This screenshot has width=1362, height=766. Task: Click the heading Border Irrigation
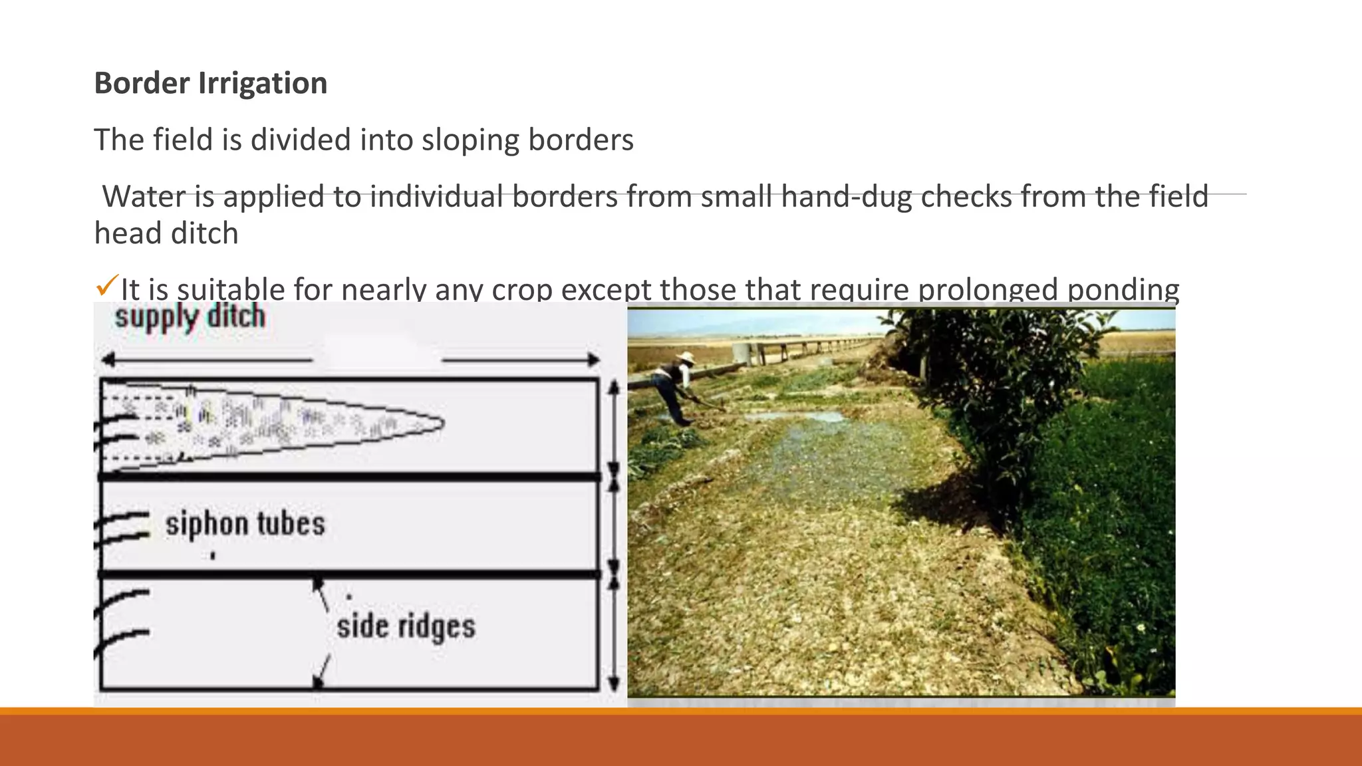pos(210,83)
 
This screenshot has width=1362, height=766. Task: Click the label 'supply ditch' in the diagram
pos(190,317)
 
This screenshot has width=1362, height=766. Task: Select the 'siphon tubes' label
pos(245,524)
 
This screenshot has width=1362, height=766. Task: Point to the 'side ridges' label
pos(406,626)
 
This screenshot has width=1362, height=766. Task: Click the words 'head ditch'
pos(166,233)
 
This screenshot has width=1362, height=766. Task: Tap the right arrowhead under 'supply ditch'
pos(593,360)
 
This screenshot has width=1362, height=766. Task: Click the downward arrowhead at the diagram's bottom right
pos(614,684)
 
